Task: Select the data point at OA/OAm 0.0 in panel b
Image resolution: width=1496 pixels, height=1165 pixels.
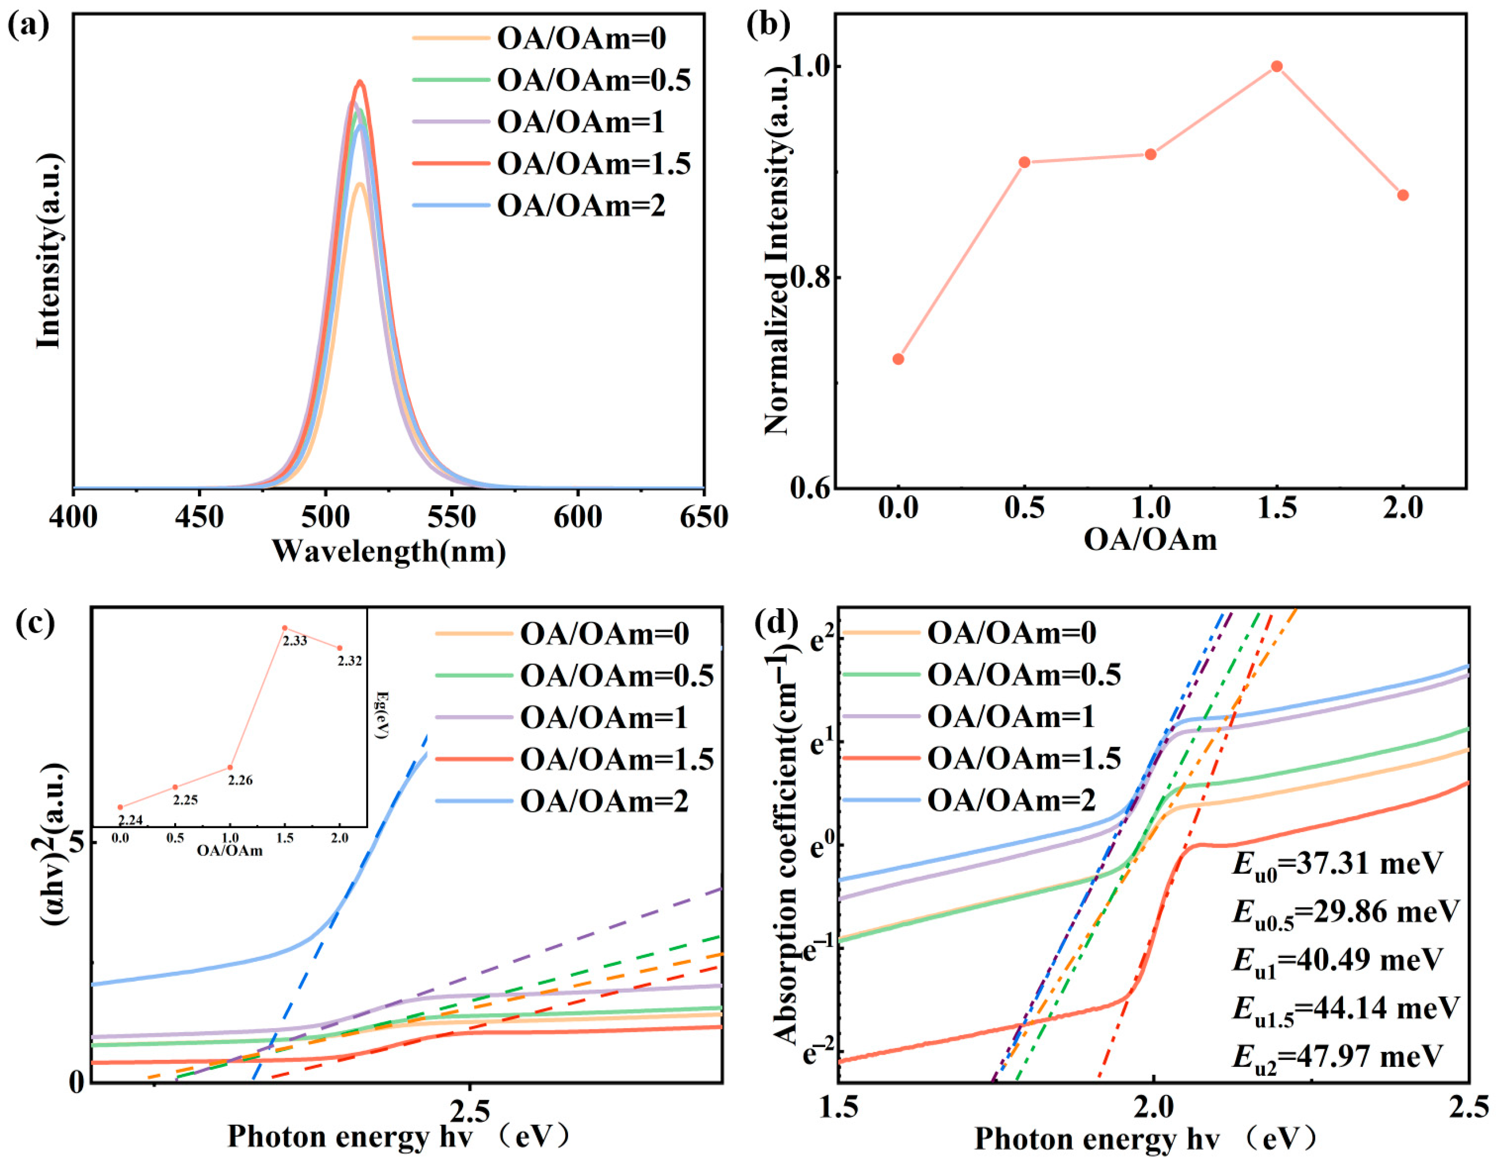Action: (898, 359)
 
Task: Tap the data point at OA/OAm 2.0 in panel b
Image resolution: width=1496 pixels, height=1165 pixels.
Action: (1403, 195)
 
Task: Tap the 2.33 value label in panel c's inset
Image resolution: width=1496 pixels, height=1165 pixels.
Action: (295, 641)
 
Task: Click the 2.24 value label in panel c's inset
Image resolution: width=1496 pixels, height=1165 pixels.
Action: (130, 820)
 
